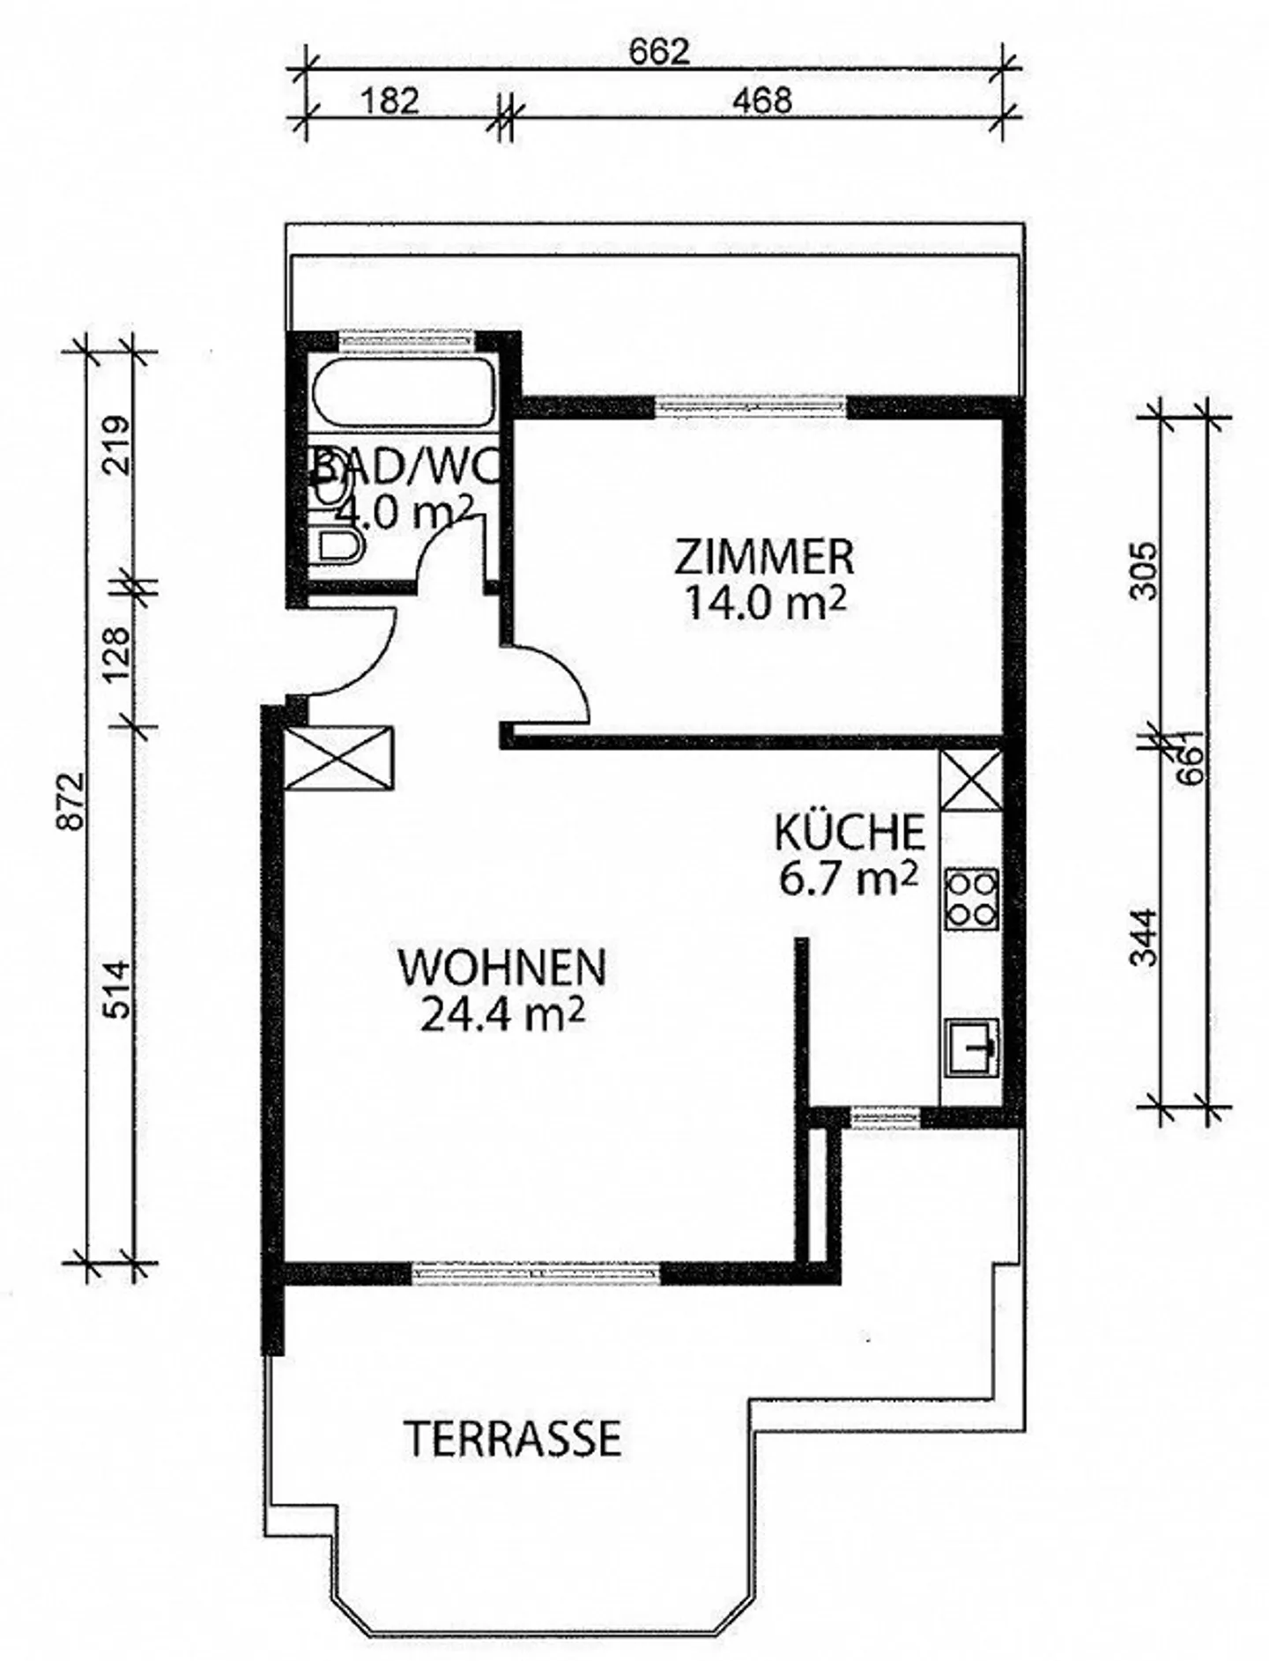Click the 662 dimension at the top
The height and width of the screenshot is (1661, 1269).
point(658,53)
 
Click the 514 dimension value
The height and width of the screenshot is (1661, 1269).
point(117,990)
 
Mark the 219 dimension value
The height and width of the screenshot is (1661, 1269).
point(117,445)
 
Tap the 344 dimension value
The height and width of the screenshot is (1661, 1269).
point(1143,937)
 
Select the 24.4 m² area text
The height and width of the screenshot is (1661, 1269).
point(502,1014)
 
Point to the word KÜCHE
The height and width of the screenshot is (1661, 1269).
point(850,833)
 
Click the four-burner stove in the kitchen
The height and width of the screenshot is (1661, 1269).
point(971,899)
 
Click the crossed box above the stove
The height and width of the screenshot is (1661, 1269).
point(971,781)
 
